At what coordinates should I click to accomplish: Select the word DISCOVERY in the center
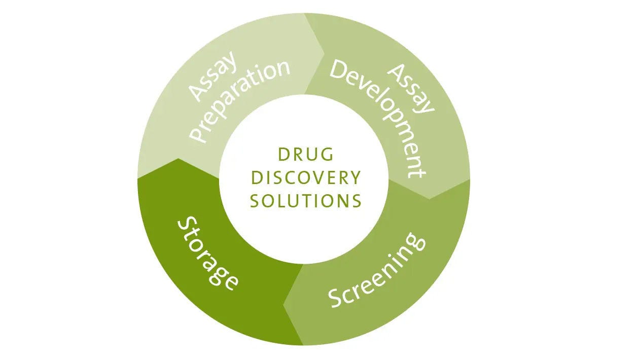tap(306, 178)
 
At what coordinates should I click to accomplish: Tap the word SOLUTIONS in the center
tap(306, 201)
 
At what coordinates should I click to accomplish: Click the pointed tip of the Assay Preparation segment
tap(325, 51)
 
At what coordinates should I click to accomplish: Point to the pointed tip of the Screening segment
tap(284, 306)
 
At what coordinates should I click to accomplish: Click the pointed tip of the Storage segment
tap(178, 159)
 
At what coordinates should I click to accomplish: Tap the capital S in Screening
tap(337, 299)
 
